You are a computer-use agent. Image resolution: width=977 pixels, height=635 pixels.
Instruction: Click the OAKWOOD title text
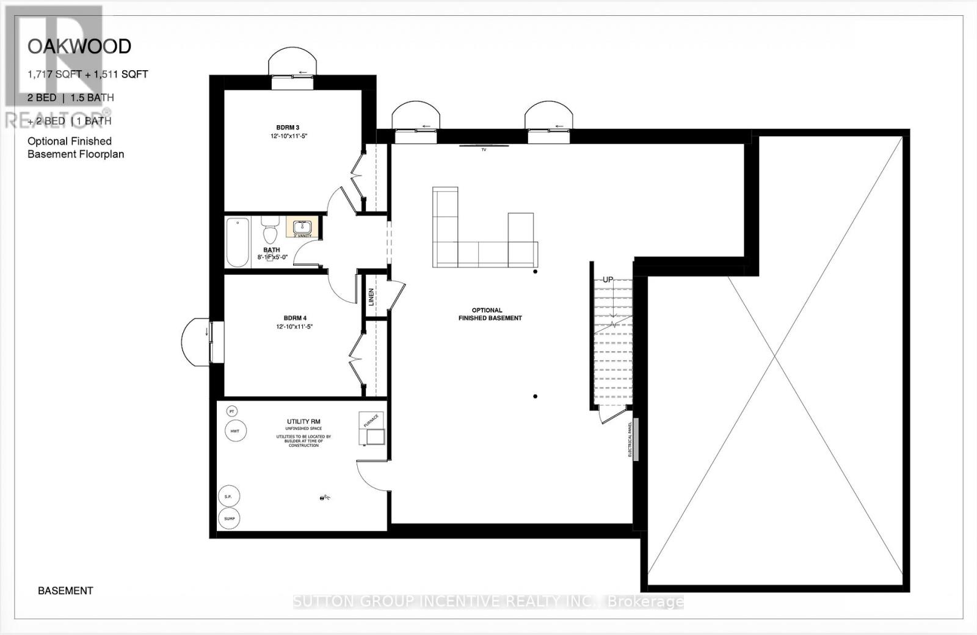tap(79, 46)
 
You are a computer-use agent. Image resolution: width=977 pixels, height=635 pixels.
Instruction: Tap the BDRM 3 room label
tap(288, 128)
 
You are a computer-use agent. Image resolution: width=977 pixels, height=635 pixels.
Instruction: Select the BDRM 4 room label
tap(295, 318)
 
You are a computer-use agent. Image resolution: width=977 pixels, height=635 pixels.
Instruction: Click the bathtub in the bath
tap(238, 242)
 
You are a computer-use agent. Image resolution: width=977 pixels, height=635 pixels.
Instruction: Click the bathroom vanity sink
tap(302, 227)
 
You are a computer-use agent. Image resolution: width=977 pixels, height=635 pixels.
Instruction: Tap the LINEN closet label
tap(371, 297)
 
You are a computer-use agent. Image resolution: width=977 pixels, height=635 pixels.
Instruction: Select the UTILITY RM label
tap(303, 421)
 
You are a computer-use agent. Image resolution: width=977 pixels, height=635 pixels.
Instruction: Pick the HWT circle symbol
tap(235, 431)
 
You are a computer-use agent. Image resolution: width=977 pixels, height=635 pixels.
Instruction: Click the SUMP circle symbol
tap(229, 519)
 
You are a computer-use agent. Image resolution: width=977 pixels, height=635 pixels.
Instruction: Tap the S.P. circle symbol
tap(228, 496)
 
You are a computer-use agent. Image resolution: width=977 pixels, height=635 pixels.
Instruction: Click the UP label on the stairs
tap(608, 280)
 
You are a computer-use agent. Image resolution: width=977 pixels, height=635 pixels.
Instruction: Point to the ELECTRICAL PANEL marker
tap(635, 440)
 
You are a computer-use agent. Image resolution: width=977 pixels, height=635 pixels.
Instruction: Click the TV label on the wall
tap(484, 149)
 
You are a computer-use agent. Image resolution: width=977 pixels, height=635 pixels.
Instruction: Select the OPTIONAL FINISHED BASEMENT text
tap(489, 314)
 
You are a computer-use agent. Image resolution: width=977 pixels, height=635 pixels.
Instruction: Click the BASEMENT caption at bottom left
tap(65, 590)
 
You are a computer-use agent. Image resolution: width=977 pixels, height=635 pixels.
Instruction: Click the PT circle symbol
tap(231, 412)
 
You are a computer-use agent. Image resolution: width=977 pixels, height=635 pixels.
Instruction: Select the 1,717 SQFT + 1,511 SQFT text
tap(87, 74)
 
